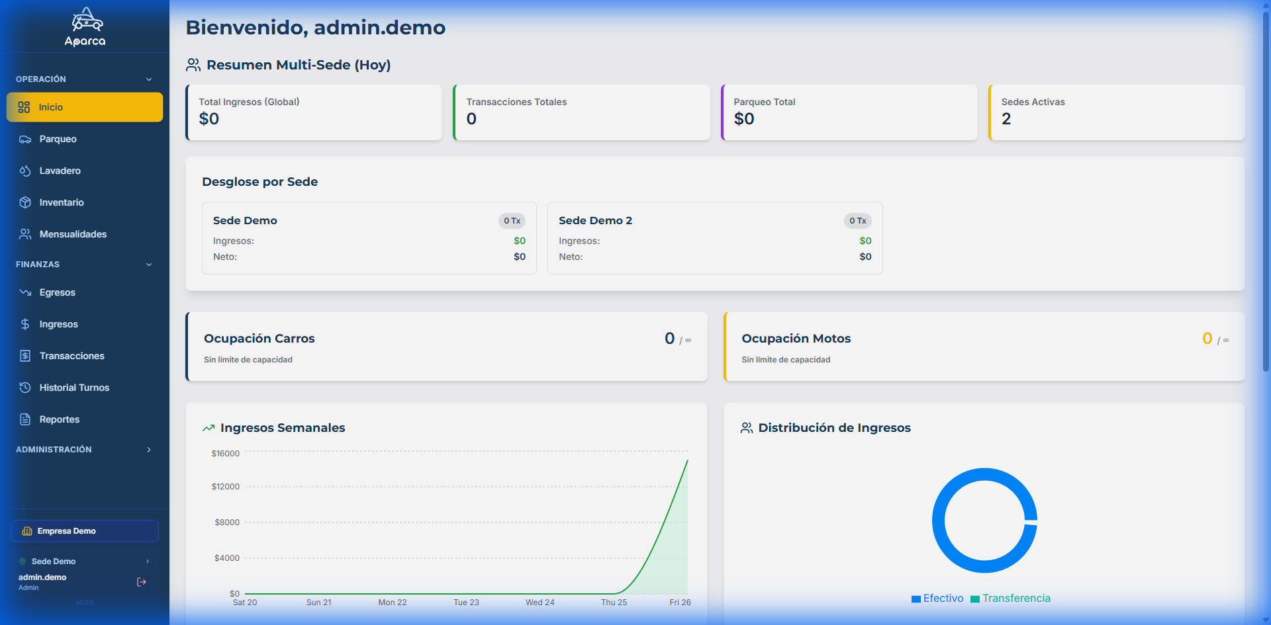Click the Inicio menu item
tap(84, 107)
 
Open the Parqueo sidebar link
tap(58, 139)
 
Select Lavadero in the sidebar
tap(60, 171)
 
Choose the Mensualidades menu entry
tap(73, 234)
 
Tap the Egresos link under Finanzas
tap(57, 292)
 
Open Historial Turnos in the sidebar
tap(74, 388)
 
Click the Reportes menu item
tap(59, 419)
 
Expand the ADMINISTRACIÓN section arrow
tap(149, 450)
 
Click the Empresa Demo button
tap(84, 531)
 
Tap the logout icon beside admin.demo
tap(142, 582)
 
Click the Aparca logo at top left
tap(85, 27)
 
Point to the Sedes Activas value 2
tap(1006, 119)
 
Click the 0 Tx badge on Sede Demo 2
tap(858, 221)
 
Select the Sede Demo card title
tap(245, 221)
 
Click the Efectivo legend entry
tap(937, 599)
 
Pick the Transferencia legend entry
tap(1011, 599)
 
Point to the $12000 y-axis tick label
tap(226, 487)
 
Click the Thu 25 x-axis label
tap(614, 603)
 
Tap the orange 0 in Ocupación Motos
tap(1207, 339)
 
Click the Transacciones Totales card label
tap(516, 102)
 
